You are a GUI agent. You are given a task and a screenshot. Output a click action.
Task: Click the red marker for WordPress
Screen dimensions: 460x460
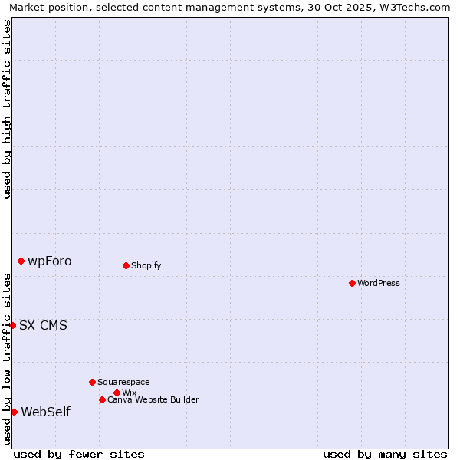(352, 283)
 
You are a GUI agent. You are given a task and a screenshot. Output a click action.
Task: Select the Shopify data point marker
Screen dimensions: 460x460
(126, 265)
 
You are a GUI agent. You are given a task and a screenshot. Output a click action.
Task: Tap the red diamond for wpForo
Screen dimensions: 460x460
(21, 261)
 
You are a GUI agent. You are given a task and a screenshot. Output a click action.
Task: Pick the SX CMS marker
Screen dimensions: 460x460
(12, 325)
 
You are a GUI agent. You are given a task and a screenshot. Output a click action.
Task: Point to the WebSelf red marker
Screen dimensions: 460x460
(14, 412)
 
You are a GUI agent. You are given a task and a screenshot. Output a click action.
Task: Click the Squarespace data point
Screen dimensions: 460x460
(92, 382)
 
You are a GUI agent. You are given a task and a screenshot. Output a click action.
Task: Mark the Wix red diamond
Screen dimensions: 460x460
(117, 393)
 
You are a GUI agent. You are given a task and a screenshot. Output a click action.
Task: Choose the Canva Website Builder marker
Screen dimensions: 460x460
(102, 399)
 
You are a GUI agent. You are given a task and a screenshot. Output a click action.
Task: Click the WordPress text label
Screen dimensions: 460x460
(379, 283)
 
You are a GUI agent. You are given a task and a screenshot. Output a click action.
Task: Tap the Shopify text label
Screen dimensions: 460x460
(146, 265)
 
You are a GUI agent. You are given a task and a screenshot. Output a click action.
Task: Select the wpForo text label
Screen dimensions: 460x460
(50, 261)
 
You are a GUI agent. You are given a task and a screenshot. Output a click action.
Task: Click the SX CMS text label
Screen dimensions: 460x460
(43, 325)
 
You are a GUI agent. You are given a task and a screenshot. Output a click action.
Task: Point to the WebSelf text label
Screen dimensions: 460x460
(46, 412)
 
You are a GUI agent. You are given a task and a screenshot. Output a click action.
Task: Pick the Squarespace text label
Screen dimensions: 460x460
(123, 382)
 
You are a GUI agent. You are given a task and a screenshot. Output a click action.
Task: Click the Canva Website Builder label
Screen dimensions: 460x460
(153, 399)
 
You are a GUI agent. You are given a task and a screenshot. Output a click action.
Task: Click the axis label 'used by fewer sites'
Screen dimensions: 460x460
(79, 454)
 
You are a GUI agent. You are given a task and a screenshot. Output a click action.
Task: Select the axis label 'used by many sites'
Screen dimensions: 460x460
(385, 454)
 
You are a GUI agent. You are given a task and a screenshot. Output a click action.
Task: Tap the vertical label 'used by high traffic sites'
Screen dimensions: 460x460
(7, 109)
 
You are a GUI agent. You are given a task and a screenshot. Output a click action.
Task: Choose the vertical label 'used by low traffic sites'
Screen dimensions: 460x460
(7, 359)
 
